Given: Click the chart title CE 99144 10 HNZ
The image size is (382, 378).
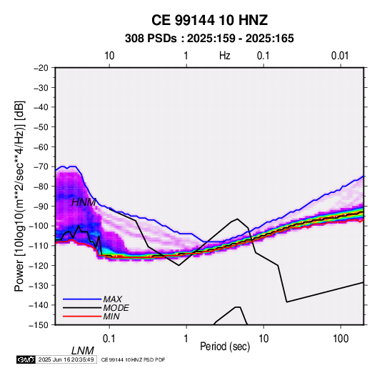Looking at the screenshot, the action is (209, 20).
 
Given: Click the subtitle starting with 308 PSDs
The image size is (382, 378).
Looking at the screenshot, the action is (209, 39).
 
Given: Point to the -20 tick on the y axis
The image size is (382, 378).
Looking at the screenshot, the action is (41, 68).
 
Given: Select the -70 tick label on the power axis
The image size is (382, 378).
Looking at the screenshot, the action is (41, 166).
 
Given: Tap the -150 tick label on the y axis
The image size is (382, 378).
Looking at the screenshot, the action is (39, 325).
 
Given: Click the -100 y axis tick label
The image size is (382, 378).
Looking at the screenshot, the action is (39, 226).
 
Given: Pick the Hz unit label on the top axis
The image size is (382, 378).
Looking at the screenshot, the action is (225, 56).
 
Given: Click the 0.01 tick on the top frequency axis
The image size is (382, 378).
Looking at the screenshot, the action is (340, 56).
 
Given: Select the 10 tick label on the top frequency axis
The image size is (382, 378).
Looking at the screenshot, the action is (109, 56).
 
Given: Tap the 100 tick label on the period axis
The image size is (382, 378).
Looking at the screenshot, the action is (341, 339).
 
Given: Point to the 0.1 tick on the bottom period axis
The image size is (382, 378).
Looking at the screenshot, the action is (109, 339).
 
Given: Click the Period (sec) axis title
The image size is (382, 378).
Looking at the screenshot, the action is (225, 347).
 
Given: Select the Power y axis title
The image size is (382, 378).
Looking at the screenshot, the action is (19, 196).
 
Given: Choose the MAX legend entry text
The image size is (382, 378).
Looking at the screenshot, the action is (113, 299).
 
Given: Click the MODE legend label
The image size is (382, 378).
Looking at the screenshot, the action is (116, 308).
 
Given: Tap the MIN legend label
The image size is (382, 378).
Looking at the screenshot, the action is (111, 317).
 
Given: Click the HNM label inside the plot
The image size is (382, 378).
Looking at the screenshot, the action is (84, 202).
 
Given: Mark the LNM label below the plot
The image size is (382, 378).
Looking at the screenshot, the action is (83, 351).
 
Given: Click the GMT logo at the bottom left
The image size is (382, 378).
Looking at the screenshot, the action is (26, 359).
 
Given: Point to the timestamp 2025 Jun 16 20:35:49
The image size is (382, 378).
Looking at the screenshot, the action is (66, 359).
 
